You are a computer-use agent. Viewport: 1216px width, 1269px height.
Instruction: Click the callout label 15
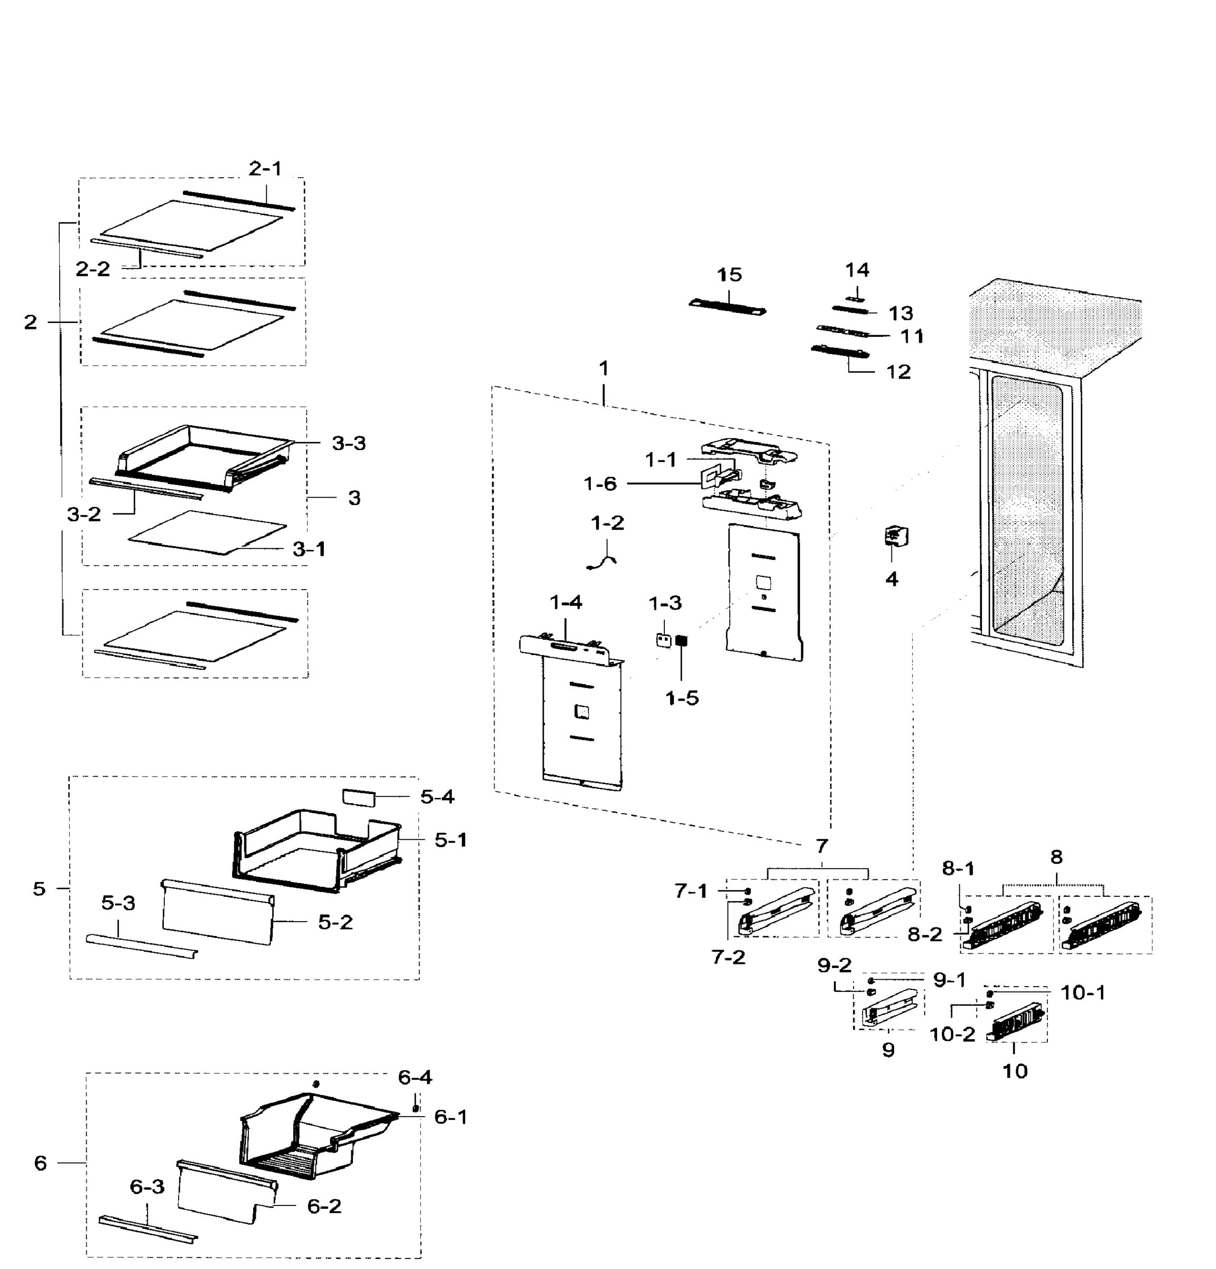pyautogui.click(x=729, y=274)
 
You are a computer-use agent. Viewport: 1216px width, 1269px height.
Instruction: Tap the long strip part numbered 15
pyautogui.click(x=727, y=307)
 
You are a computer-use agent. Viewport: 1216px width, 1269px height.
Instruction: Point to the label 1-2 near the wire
pyautogui.click(x=607, y=522)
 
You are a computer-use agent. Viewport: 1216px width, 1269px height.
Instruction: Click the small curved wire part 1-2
pyautogui.click(x=602, y=559)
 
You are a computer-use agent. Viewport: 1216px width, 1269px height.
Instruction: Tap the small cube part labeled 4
pyautogui.click(x=896, y=536)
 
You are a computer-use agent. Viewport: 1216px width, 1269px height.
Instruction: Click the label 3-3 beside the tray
pyautogui.click(x=348, y=444)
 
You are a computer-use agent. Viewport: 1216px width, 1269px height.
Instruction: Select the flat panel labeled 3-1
pyautogui.click(x=207, y=531)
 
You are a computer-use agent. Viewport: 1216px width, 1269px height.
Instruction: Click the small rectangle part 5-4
pyautogui.click(x=358, y=796)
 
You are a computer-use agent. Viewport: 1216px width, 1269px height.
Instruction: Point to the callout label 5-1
pyautogui.click(x=450, y=840)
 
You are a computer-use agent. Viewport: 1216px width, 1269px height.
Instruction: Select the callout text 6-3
pyautogui.click(x=147, y=1187)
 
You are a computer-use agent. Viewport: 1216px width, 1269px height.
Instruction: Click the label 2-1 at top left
pyautogui.click(x=265, y=168)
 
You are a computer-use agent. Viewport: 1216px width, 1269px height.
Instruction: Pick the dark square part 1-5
pyautogui.click(x=681, y=641)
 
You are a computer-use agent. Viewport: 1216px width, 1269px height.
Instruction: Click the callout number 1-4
pyautogui.click(x=565, y=603)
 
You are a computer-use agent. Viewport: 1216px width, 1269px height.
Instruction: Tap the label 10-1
pyautogui.click(x=1083, y=992)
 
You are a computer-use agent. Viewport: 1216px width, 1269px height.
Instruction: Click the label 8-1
pyautogui.click(x=958, y=868)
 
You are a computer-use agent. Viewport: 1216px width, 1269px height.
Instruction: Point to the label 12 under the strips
pyautogui.click(x=898, y=372)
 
